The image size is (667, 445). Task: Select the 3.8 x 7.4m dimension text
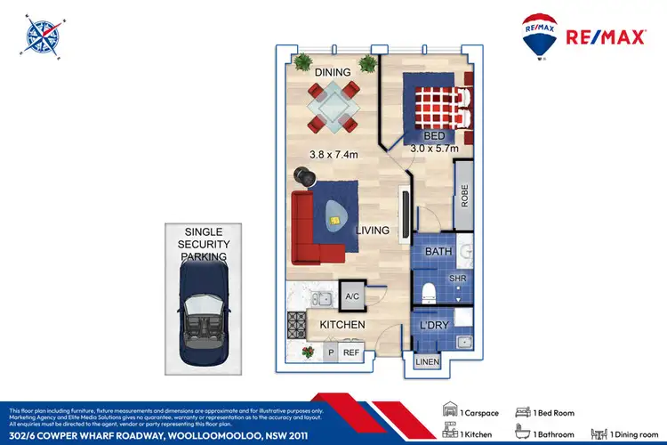(x=334, y=154)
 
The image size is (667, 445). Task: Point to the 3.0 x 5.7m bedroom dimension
(x=433, y=149)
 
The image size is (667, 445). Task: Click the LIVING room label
(x=373, y=231)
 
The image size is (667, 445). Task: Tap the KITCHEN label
(x=342, y=325)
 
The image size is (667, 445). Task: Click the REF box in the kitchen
(x=350, y=353)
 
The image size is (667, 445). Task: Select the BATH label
(x=438, y=253)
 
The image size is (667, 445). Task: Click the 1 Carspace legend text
(x=479, y=414)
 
